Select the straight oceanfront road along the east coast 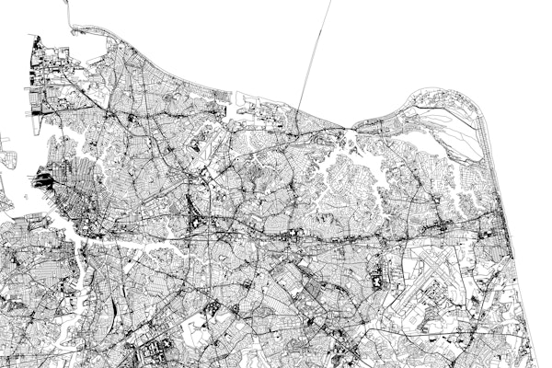pos(502,230)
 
